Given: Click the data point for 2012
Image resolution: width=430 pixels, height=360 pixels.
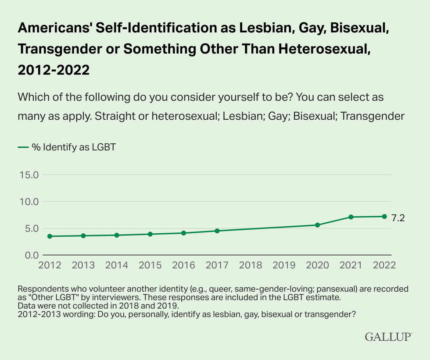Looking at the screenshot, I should point(50,236).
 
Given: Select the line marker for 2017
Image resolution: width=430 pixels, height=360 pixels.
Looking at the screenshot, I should point(217,231).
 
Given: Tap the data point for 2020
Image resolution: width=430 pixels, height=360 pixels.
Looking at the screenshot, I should point(317,225).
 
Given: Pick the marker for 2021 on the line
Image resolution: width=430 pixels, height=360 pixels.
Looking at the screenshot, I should point(351,217).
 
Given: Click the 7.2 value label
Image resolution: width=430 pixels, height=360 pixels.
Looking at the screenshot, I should point(398,217).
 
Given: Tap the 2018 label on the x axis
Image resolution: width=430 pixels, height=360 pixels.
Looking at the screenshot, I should point(251,265).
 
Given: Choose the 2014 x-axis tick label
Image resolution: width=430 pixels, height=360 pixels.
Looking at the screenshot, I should point(117,265).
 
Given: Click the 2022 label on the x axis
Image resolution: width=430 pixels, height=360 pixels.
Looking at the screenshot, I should point(384,265).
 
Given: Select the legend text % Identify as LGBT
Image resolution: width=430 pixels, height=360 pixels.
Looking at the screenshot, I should point(74,147).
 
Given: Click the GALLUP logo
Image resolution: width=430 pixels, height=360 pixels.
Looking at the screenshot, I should point(388,337).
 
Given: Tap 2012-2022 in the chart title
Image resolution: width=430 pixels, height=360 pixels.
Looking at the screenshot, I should point(54,69).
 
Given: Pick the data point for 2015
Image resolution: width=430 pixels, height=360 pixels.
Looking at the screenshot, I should point(150,234).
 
